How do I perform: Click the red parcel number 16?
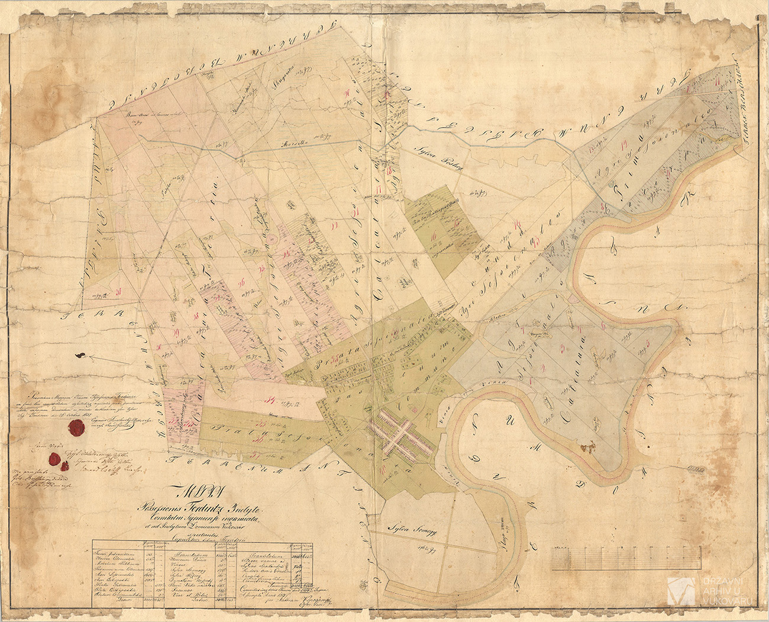tap(435, 238)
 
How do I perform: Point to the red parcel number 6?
tap(602, 325)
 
